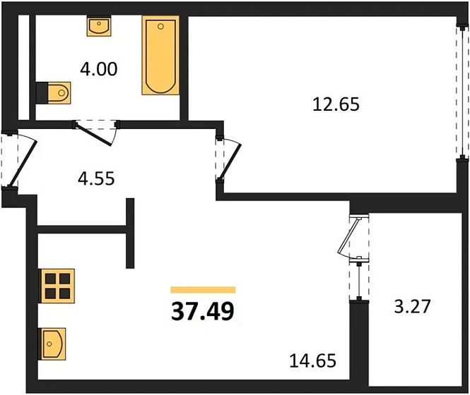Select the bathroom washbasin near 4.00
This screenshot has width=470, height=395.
click(98, 27)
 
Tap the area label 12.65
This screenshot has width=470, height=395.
click(336, 105)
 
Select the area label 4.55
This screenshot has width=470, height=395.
click(96, 178)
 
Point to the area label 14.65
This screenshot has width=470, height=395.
click(312, 362)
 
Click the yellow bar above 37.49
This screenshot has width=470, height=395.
click(203, 289)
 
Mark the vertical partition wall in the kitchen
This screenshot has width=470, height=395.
click(130, 233)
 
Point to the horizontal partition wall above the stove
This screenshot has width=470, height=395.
click(84, 228)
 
